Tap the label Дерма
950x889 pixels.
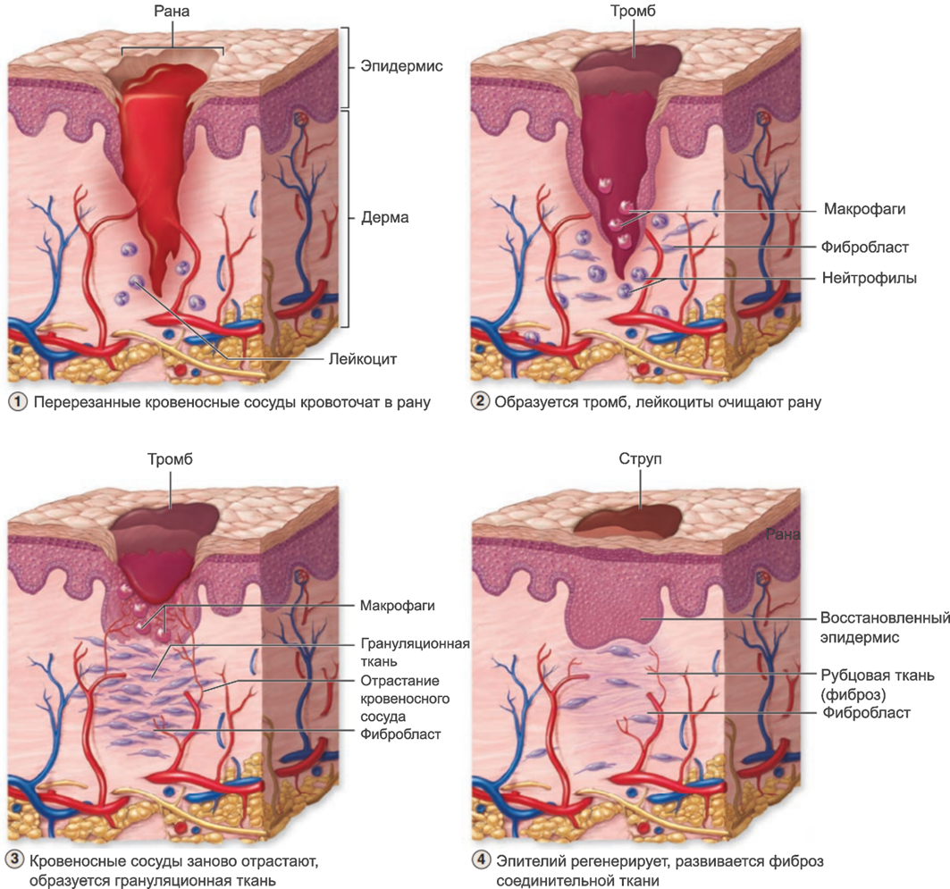pos(384,217)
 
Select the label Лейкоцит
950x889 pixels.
pos(363,359)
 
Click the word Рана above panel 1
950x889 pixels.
pos(172,12)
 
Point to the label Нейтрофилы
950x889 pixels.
pos(870,278)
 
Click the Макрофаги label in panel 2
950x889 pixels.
pos(864,209)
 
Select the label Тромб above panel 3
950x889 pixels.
pos(170,459)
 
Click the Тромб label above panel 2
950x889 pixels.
pos(634,12)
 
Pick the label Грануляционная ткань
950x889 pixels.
pos(415,652)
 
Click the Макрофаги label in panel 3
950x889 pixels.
pos(397,606)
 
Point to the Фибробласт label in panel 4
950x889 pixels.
pos(866,712)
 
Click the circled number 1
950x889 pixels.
pos(18,402)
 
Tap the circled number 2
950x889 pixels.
pos(481,402)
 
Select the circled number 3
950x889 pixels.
pos(15,861)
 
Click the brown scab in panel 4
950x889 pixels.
pos(630,521)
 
